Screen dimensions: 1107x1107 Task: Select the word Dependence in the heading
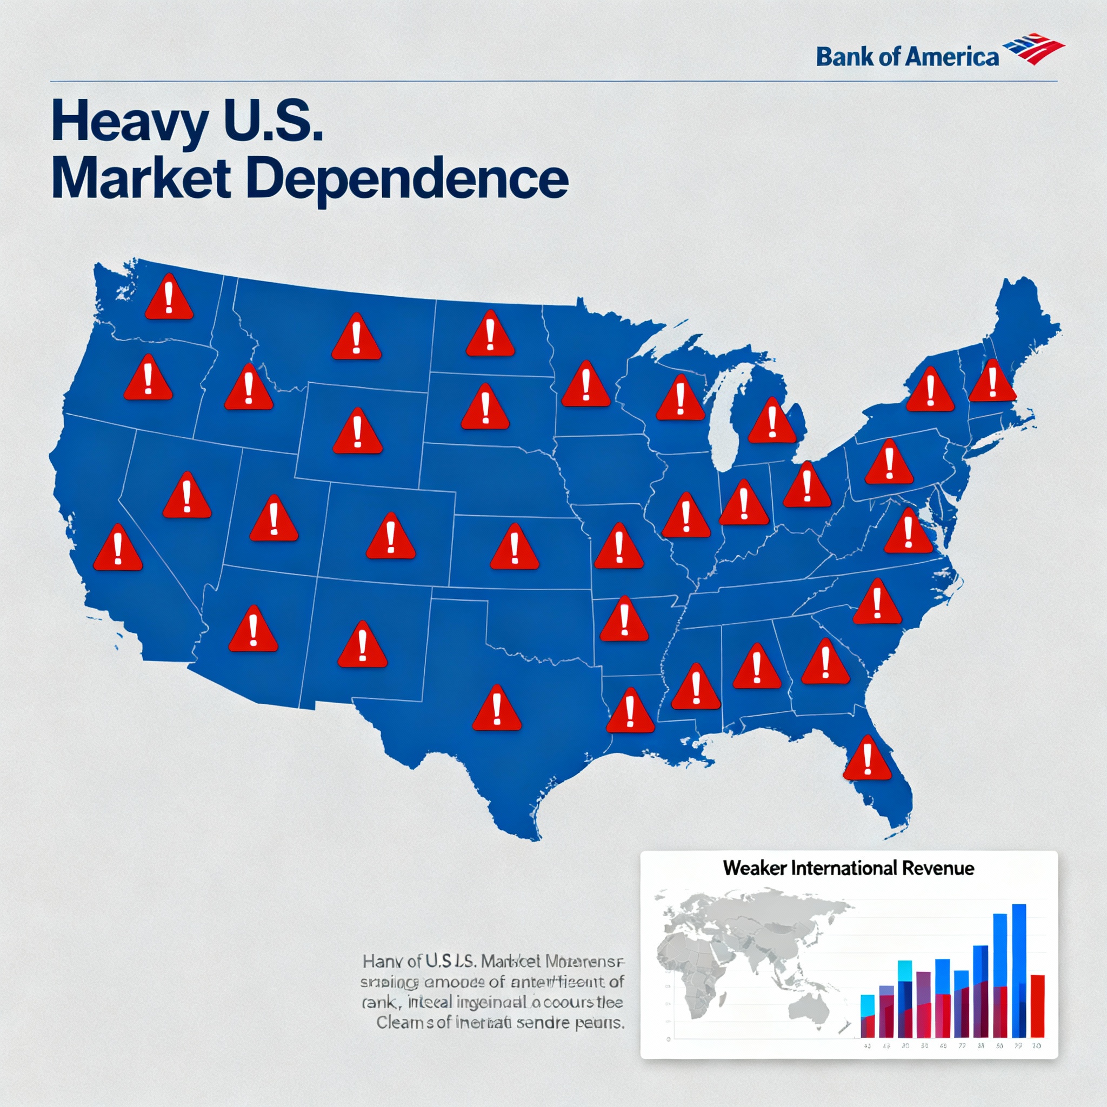click(408, 179)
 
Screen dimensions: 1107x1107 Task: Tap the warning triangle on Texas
click(497, 709)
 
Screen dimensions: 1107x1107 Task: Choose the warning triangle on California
click(117, 549)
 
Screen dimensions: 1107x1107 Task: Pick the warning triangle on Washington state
click(169, 298)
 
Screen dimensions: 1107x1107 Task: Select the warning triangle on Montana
click(356, 338)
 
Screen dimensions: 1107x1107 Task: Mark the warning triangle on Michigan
click(772, 422)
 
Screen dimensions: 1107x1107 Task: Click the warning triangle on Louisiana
click(630, 712)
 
